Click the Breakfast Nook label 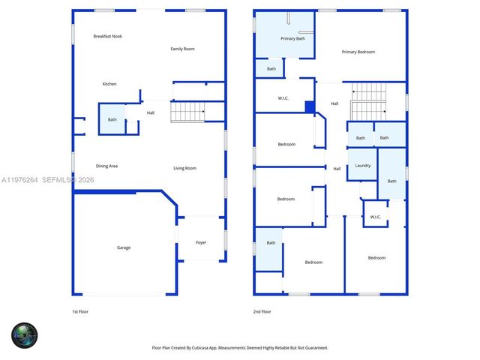click(x=108, y=36)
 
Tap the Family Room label click(x=182, y=49)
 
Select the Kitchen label click(x=109, y=84)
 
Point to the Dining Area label click(x=106, y=166)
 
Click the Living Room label click(x=184, y=168)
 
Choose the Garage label click(x=123, y=247)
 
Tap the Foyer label click(x=201, y=242)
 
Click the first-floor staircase click(x=187, y=112)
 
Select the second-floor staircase click(x=368, y=101)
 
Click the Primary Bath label click(x=292, y=38)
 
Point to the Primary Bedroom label click(x=358, y=52)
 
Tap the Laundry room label click(x=362, y=166)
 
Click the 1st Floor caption click(x=79, y=311)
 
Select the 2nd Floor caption click(x=262, y=311)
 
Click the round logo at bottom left click(x=24, y=334)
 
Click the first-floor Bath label click(x=112, y=120)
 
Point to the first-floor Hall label click(x=151, y=113)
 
